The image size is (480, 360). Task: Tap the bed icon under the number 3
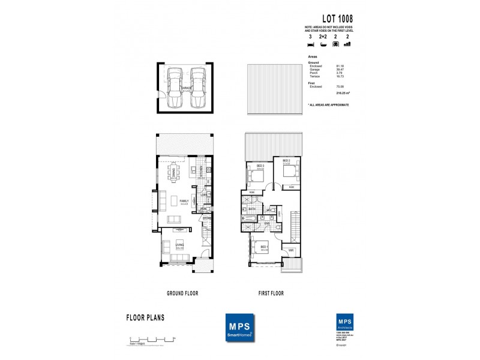pyautogui.click(x=311, y=45)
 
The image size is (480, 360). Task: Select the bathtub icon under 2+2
pyautogui.click(x=323, y=45)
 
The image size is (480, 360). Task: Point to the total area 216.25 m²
pyautogui.click(x=343, y=94)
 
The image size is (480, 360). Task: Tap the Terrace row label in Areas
pyautogui.click(x=315, y=76)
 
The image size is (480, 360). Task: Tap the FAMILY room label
pyautogui.click(x=185, y=201)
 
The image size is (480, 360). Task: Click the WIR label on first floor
pyautogui.click(x=290, y=250)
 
